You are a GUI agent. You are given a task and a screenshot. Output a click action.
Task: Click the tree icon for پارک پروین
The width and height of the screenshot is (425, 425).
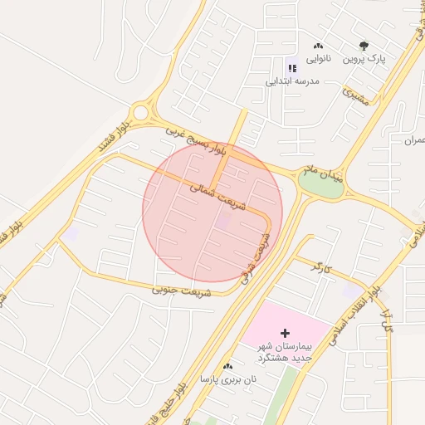pyautogui.click(x=363, y=46)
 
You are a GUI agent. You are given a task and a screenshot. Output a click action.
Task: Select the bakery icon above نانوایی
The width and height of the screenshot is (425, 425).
pyautogui.click(x=319, y=46)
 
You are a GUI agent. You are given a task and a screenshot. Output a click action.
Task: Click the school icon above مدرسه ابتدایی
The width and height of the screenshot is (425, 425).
pyautogui.click(x=291, y=68)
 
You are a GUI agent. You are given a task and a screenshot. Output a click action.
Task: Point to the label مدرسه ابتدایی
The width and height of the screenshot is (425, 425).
pyautogui.click(x=292, y=81)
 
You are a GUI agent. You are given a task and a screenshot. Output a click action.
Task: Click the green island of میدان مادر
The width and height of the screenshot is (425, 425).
pyautogui.click(x=321, y=187)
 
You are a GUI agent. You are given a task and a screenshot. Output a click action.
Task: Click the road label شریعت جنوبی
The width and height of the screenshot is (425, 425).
pyautogui.click(x=182, y=291)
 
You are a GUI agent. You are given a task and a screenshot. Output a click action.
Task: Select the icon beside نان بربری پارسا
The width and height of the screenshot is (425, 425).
pyautogui.click(x=228, y=365)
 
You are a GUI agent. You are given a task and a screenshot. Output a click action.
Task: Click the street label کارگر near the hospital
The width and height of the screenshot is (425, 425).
pyautogui.click(x=320, y=267)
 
